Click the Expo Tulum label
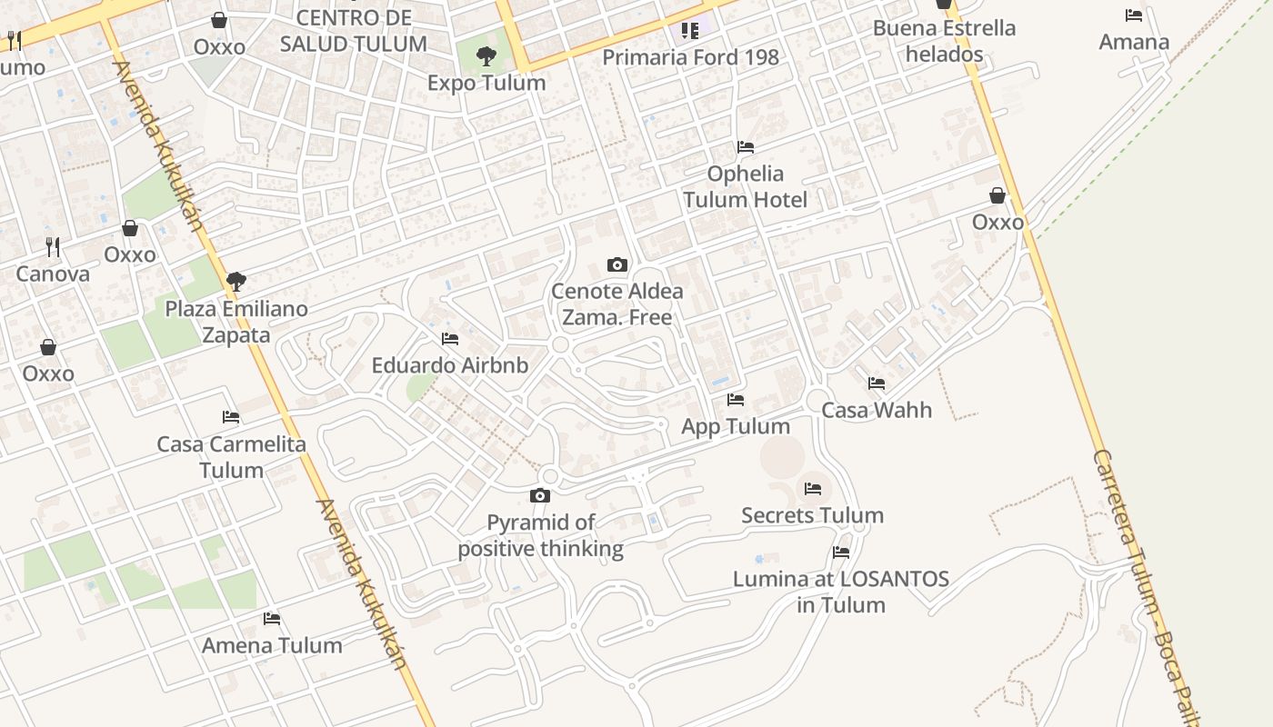[486, 83]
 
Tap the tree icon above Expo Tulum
[486, 56]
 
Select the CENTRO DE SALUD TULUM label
[354, 31]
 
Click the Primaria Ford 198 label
[690, 57]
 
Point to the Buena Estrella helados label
[944, 41]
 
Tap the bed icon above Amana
[1134, 15]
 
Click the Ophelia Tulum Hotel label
[746, 186]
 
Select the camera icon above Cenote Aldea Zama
[617, 264]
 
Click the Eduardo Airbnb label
[449, 365]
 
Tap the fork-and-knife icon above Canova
[53, 246]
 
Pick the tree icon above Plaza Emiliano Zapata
[236, 282]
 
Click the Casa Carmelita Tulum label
[231, 457]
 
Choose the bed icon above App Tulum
[736, 400]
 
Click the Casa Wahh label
[877, 410]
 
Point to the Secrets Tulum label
[812, 515]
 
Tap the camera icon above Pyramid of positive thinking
[540, 495]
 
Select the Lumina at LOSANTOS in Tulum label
[841, 592]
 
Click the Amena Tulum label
[272, 645]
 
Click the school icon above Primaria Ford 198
[690, 31]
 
